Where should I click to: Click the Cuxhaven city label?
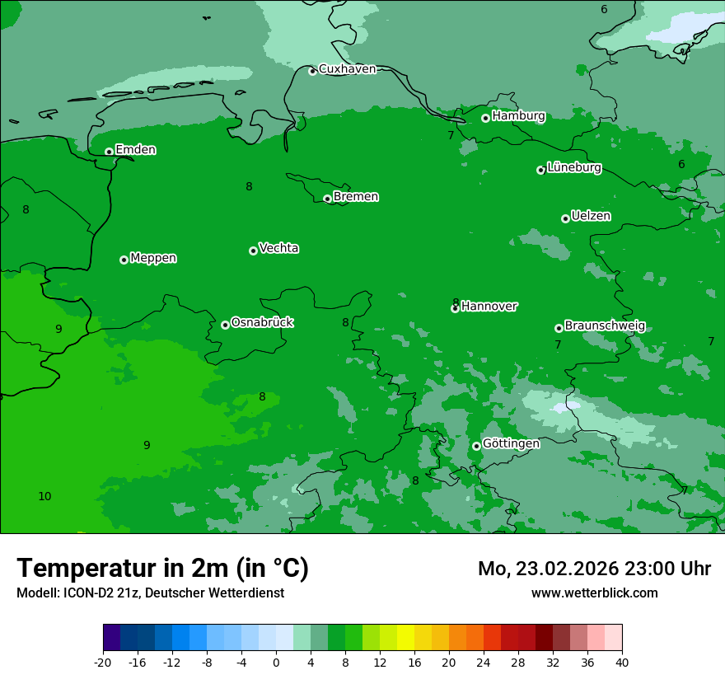pyautogui.click(x=347, y=69)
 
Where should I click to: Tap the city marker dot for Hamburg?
pyautogui.click(x=486, y=118)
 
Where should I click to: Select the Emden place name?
pyautogui.click(x=135, y=150)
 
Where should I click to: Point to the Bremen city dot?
pyautogui.click(x=327, y=199)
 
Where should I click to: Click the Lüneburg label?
pyautogui.click(x=573, y=168)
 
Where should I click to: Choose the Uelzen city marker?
pyautogui.click(x=565, y=218)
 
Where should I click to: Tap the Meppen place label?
pyautogui.click(x=153, y=258)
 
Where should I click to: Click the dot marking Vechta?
pyautogui.click(x=253, y=251)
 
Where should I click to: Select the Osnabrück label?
pyautogui.click(x=262, y=322)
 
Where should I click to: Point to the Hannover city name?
pyautogui.click(x=489, y=307)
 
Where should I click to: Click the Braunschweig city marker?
pyautogui.click(x=559, y=328)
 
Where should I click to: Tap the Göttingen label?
pyautogui.click(x=511, y=444)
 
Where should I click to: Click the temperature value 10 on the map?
pyautogui.click(x=44, y=496)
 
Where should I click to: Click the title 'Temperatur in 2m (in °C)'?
pyautogui.click(x=162, y=569)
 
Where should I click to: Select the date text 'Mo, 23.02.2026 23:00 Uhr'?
pyautogui.click(x=594, y=569)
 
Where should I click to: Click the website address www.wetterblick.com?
pyautogui.click(x=594, y=593)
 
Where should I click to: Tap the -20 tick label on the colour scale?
pyautogui.click(x=103, y=663)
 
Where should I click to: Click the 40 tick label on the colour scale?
pyautogui.click(x=622, y=663)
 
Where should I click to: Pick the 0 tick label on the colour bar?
pyautogui.click(x=276, y=663)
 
